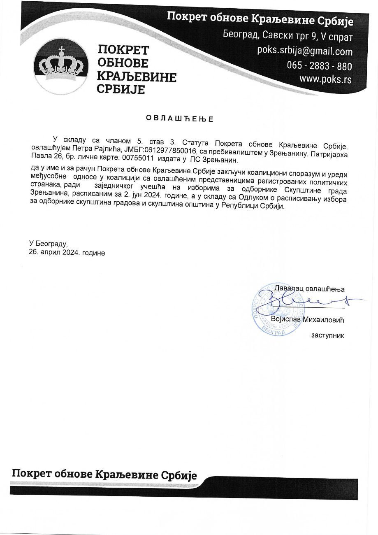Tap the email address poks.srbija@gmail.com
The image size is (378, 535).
pos(305,51)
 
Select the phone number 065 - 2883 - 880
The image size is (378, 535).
pos(319,66)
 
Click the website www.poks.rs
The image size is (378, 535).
pos(325,79)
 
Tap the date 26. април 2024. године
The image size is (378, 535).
pos(67,253)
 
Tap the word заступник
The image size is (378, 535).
pos(327,335)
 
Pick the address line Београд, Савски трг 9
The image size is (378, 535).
pos(270,36)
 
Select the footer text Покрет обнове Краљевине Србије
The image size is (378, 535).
pos(104,475)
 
